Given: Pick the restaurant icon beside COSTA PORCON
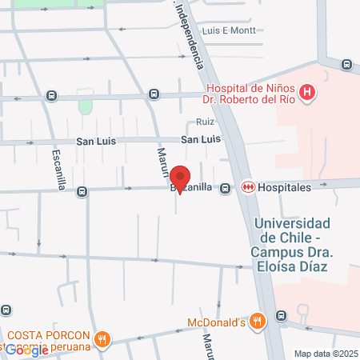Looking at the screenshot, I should pos(102,339).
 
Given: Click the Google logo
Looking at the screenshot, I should pos(26,350).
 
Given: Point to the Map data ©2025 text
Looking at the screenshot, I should pos(326,354).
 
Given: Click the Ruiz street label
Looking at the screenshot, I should pos(205,123).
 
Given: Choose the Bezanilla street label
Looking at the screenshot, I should pos(192,187).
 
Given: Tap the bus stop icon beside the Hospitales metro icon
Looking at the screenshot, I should pos(226,188).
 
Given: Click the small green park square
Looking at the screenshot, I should pos(86,106).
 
